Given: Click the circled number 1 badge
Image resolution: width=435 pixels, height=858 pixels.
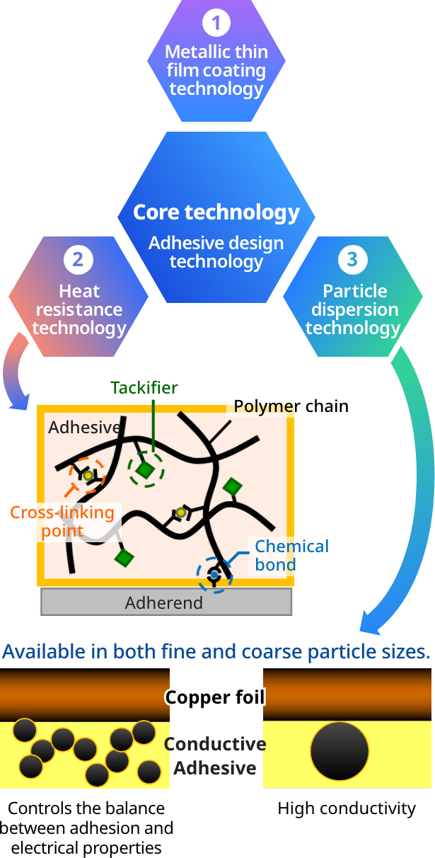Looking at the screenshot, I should [216, 23].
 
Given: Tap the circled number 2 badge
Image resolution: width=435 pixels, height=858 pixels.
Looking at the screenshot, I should [78, 260].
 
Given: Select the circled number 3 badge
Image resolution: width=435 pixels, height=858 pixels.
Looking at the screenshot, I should [352, 260].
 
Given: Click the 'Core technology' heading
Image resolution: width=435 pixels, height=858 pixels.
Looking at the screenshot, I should [216, 212].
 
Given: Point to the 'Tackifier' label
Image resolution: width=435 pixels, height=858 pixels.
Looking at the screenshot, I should [144, 388].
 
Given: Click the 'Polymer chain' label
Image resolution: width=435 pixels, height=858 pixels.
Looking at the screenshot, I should [291, 406].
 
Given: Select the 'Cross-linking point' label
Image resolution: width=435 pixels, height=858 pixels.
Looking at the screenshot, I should [62, 522].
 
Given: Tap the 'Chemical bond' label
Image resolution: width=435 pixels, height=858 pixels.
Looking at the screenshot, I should [291, 555].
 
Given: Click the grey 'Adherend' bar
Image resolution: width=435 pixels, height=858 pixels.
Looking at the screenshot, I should [166, 602].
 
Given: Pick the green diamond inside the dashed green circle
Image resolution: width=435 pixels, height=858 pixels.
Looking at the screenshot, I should [146, 469].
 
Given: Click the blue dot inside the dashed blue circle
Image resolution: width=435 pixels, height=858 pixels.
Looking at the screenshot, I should [214, 576].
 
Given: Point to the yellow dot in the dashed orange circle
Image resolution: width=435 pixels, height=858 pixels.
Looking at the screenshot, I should [88, 476].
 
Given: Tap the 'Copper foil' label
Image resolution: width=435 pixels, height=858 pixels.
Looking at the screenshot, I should [215, 698].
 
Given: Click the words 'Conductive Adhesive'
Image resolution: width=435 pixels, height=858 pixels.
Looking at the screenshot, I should [215, 756].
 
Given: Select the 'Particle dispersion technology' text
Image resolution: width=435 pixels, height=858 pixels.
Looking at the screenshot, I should [352, 310].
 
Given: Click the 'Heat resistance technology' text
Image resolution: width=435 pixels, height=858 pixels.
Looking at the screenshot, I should [79, 310].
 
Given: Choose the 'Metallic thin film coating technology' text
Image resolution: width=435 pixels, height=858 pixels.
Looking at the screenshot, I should [216, 71].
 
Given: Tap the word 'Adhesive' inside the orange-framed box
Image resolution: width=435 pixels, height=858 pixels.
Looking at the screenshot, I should [83, 428].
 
